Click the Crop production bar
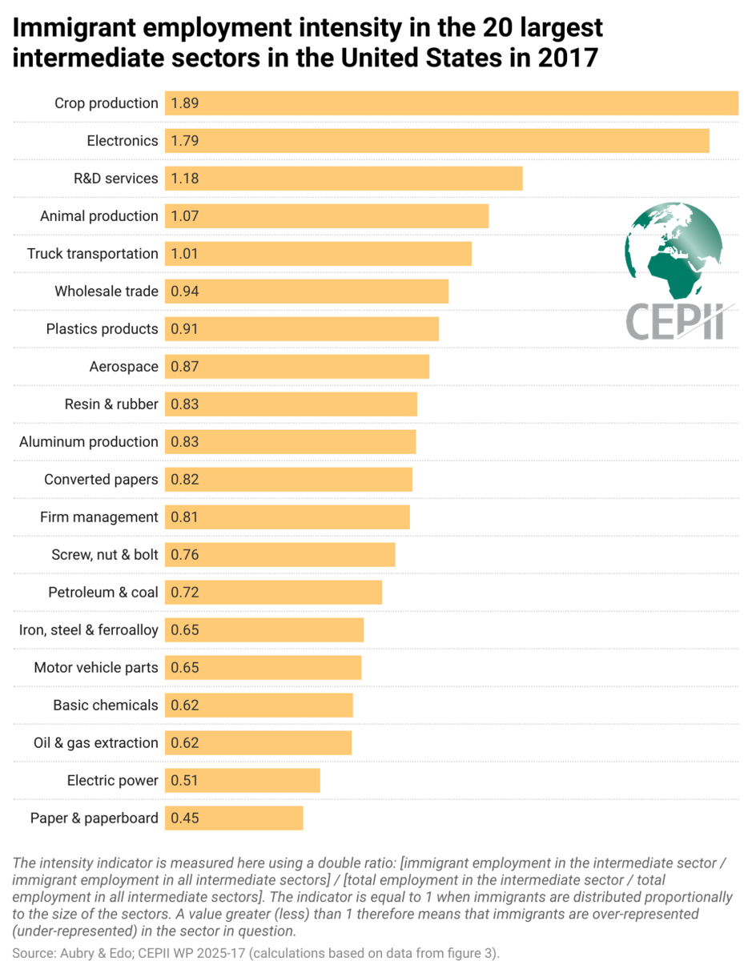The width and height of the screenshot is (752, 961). pyautogui.click(x=452, y=103)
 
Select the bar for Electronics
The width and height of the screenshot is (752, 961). pyautogui.click(x=437, y=141)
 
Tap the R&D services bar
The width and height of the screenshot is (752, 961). pyautogui.click(x=344, y=179)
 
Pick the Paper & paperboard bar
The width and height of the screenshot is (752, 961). pyautogui.click(x=235, y=818)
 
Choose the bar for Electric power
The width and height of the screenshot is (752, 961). pyautogui.click(x=243, y=781)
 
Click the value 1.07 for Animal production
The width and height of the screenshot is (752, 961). pyautogui.click(x=184, y=216)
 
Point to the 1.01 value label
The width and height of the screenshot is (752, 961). pyautogui.click(x=184, y=254)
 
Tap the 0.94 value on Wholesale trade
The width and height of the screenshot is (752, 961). pyautogui.click(x=184, y=292)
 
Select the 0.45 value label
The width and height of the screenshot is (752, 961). pyautogui.click(x=184, y=818)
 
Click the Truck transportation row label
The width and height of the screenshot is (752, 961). pyautogui.click(x=93, y=254)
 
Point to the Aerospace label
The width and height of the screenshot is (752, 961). pyautogui.click(x=123, y=367)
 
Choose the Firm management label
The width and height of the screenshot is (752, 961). pyautogui.click(x=99, y=517)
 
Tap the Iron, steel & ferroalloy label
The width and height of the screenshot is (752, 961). pyautogui.click(x=89, y=630)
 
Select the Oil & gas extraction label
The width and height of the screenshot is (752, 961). pyautogui.click(x=96, y=743)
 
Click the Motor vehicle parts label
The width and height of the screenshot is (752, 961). pyautogui.click(x=96, y=668)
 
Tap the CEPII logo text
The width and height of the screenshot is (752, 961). pyautogui.click(x=674, y=322)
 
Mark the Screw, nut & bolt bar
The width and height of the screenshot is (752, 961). pyautogui.click(x=280, y=555)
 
